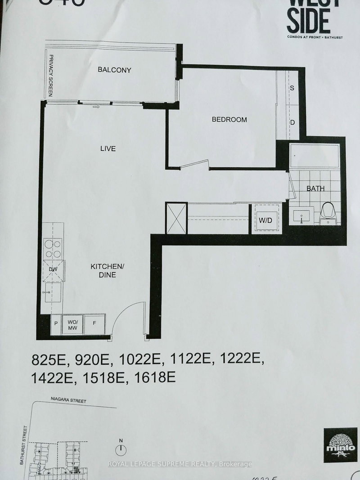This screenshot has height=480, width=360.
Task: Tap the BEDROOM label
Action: (229, 120)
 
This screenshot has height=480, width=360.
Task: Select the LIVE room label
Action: (108, 148)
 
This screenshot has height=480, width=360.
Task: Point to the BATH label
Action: (315, 188)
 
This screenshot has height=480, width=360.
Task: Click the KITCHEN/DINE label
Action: (103, 271)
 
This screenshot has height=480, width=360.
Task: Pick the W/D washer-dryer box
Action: (265, 220)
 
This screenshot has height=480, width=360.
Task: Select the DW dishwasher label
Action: (54, 269)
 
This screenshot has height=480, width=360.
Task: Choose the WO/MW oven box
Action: (73, 324)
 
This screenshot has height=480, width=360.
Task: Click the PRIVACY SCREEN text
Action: (51, 76)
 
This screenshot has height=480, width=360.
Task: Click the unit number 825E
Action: (48, 360)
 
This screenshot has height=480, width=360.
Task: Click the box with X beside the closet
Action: (175, 218)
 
